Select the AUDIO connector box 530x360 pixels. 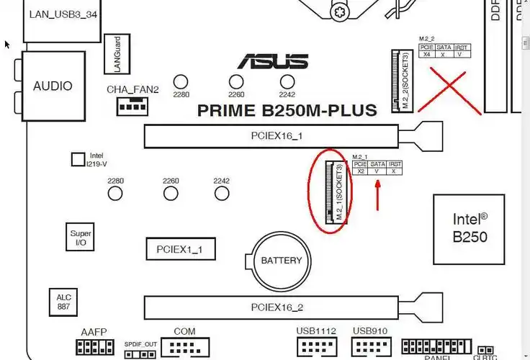click(x=53, y=86)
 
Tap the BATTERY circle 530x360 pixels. click(x=282, y=260)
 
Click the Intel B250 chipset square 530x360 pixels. click(x=469, y=228)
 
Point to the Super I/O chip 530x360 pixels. click(x=76, y=238)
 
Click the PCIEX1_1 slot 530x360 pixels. click(x=179, y=250)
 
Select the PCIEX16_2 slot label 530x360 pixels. click(x=277, y=307)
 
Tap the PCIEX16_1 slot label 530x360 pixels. click(x=277, y=135)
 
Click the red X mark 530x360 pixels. click(x=454, y=90)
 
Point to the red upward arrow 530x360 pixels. click(x=378, y=194)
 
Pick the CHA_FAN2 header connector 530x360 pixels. click(x=131, y=107)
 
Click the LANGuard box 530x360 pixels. click(x=112, y=54)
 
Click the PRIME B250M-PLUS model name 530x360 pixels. click(x=287, y=110)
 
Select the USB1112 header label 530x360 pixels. click(x=316, y=330)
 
